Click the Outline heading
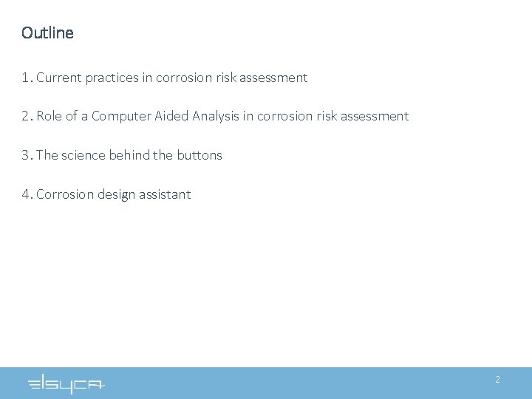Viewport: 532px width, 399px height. point(48,33)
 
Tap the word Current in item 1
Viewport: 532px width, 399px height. point(57,78)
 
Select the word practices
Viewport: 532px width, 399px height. point(110,78)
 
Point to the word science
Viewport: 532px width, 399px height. point(83,155)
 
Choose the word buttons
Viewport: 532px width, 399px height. point(199,155)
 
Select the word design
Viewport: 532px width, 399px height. point(117,194)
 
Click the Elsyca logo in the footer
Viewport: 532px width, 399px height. point(66,383)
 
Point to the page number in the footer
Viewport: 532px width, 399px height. point(497,380)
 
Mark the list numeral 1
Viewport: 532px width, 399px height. point(26,78)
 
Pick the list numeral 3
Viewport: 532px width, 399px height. point(26,155)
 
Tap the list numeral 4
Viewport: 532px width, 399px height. point(26,194)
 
